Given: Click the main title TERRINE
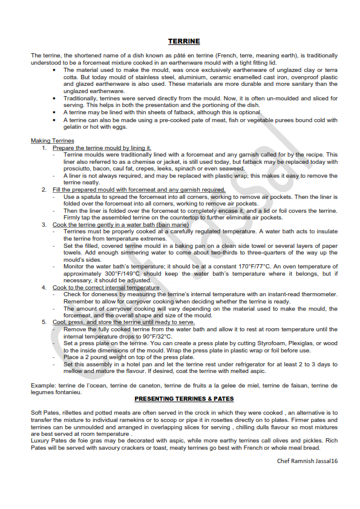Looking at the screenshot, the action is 184,42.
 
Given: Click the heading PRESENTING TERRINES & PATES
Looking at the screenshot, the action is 184,399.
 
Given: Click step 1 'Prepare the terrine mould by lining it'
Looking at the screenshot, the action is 102,148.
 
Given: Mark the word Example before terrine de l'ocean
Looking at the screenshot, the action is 43,385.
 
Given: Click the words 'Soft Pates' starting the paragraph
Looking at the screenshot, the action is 45,412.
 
